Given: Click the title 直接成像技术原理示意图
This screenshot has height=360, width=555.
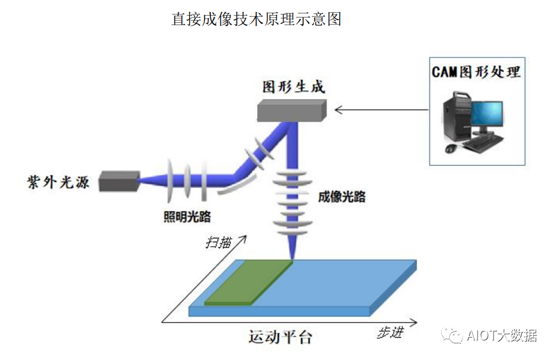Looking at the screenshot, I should pyautogui.click(x=256, y=19).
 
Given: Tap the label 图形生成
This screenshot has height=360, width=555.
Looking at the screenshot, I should pyautogui.click(x=293, y=87).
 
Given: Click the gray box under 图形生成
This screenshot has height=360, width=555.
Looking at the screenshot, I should pyautogui.click(x=291, y=111).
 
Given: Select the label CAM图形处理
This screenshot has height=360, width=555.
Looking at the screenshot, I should pyautogui.click(x=477, y=72).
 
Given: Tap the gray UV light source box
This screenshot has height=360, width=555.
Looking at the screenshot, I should pyautogui.click(x=118, y=181).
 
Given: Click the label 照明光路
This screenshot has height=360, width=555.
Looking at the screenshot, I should pyautogui.click(x=187, y=216).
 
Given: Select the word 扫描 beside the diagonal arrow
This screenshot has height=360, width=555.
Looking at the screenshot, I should pyautogui.click(x=218, y=243).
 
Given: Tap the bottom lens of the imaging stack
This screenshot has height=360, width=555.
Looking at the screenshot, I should pyautogui.click(x=291, y=228).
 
